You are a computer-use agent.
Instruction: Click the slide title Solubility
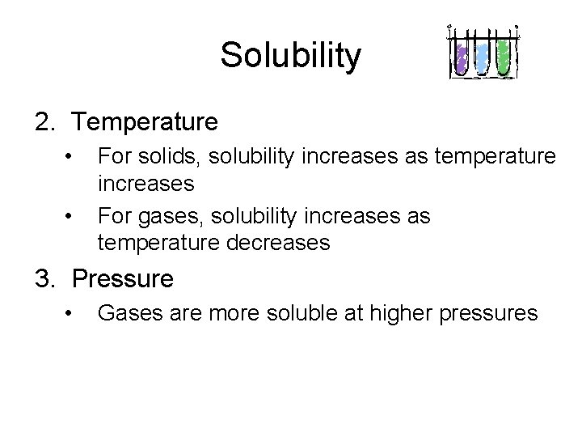[290, 56]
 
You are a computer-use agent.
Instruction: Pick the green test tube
[504, 57]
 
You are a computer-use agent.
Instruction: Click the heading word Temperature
[145, 122]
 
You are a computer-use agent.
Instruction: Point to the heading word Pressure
[123, 279]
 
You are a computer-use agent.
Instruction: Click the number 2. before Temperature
[44, 122]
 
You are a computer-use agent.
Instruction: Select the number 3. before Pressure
[44, 279]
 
